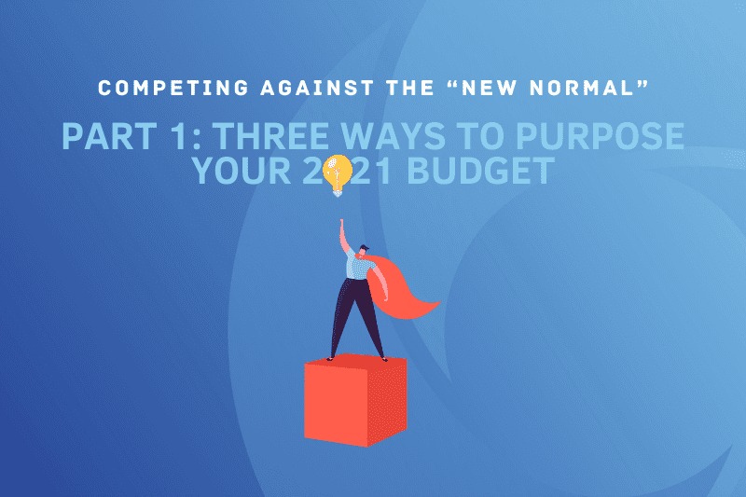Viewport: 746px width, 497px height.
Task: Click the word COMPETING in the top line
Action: tap(173, 88)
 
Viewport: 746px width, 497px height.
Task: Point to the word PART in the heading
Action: tap(109, 136)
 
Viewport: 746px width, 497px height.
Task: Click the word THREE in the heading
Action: tap(272, 136)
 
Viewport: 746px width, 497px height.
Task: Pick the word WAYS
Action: tap(393, 136)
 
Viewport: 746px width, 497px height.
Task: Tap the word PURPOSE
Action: tap(600, 136)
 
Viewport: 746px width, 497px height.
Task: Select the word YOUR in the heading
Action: tap(242, 171)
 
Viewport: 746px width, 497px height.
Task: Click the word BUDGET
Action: tap(481, 171)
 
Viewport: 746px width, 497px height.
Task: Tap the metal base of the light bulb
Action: tap(338, 192)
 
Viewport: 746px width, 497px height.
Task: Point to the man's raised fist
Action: tap(341, 223)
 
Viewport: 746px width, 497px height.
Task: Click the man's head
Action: tap(363, 252)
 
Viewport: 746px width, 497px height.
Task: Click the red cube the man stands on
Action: tap(355, 400)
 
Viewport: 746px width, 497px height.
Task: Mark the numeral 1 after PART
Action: tap(179, 136)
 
